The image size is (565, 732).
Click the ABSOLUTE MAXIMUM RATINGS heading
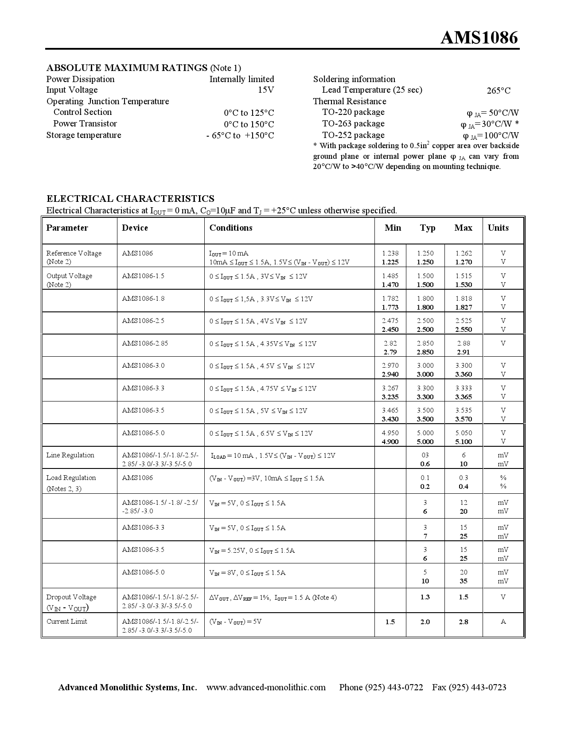tap(127, 68)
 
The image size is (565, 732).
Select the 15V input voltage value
tap(266, 90)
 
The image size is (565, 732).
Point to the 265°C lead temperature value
tap(498, 91)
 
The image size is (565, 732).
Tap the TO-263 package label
tap(353, 124)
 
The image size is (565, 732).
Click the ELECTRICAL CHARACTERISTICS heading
tap(130, 199)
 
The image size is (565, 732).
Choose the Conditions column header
tap(231, 228)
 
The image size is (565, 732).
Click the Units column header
tap(498, 228)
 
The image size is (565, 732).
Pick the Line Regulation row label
tap(70, 455)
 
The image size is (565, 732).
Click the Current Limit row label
tap(66, 622)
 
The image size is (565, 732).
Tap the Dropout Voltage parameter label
tap(71, 597)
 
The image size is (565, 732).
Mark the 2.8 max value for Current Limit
tap(463, 622)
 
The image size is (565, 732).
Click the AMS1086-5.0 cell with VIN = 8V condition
tap(143, 572)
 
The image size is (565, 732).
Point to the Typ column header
tap(428, 228)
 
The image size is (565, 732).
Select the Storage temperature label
tap(84, 135)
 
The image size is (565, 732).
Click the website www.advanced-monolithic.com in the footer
tap(266, 688)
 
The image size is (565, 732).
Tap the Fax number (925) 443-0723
tap(478, 688)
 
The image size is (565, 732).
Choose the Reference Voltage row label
tap(74, 253)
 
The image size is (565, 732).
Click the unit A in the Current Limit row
tap(503, 622)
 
